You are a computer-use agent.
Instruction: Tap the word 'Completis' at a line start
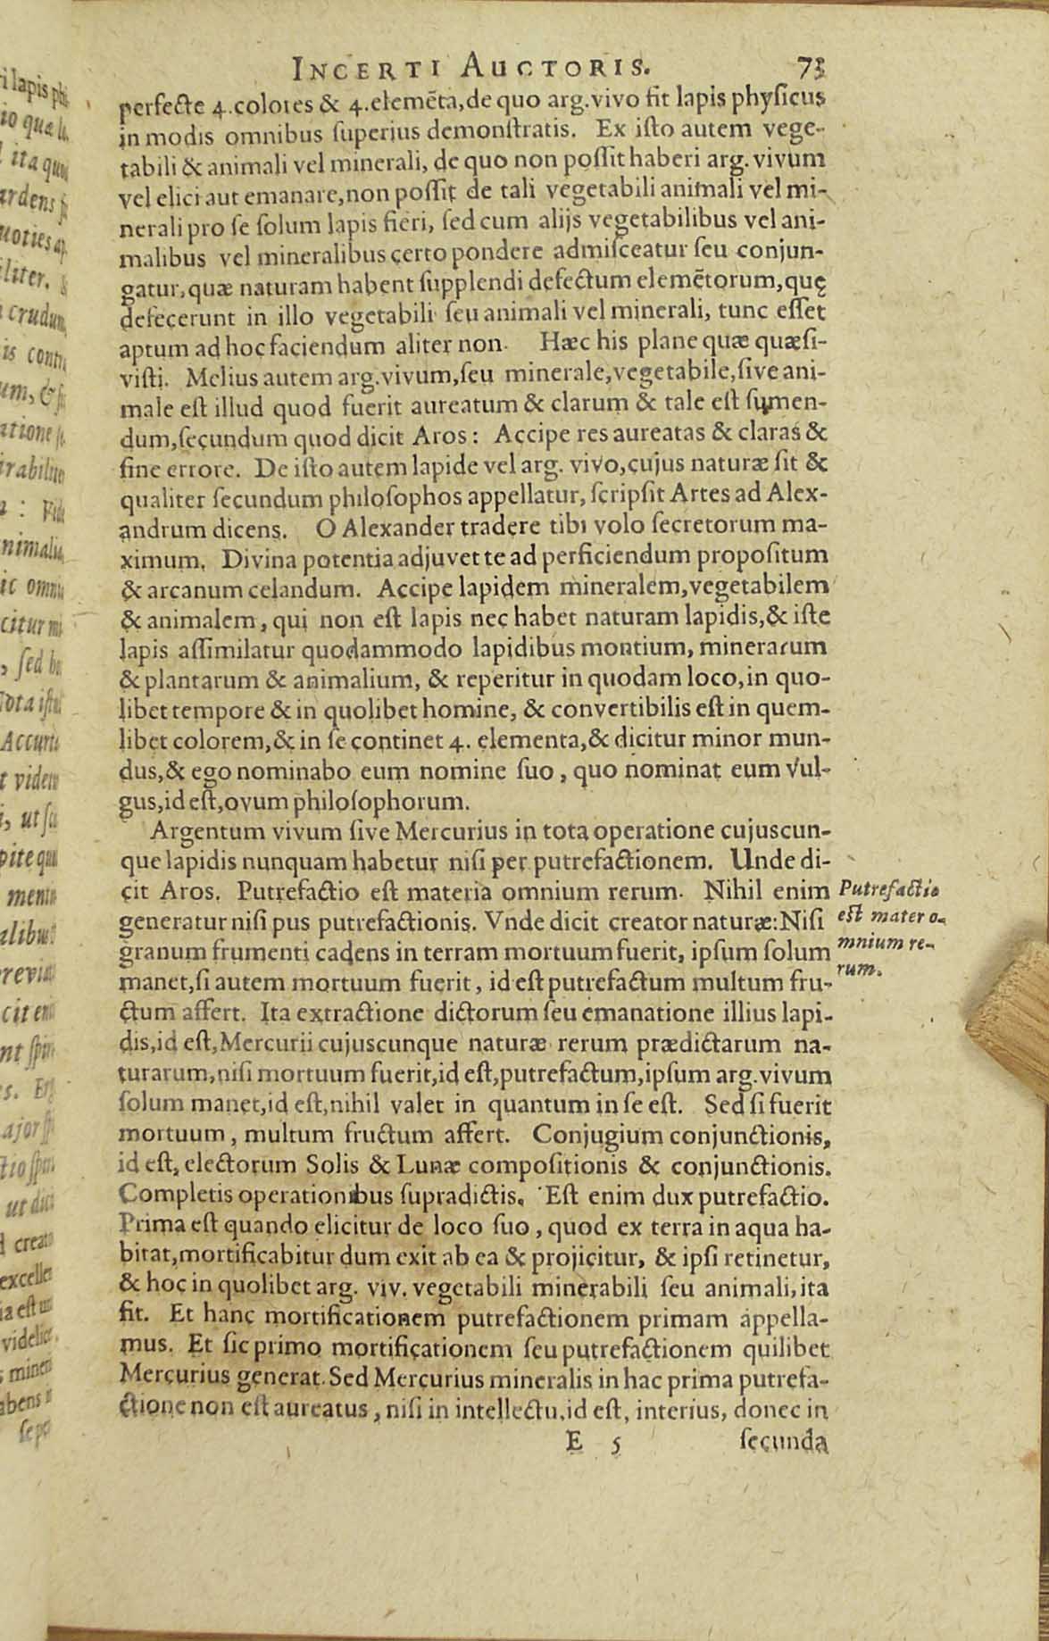pos(166,1194)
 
